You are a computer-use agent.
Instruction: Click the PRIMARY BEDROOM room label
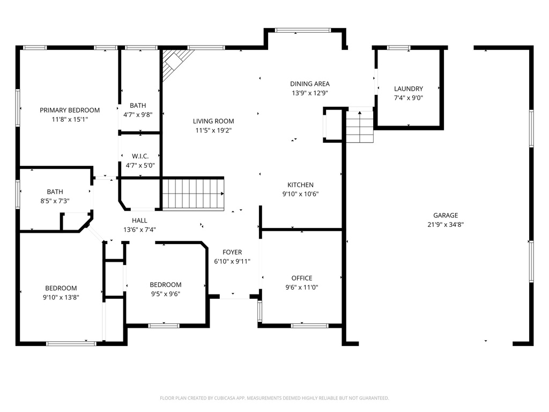70,110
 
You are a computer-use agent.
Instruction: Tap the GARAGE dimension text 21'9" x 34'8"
446,225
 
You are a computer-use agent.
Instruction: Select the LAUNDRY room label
409,89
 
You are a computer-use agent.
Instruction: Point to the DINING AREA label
310,84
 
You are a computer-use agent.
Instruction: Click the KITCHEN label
300,185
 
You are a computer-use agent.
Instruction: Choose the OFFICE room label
302,278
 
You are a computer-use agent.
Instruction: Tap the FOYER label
232,252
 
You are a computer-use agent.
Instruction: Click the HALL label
139,220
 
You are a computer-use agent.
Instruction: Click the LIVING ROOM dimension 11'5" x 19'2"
213,130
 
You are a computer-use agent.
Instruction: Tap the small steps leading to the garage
359,127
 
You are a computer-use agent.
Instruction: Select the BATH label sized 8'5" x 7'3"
55,192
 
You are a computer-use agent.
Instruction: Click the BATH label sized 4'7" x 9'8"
138,106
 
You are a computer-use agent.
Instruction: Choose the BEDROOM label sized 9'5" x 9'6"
165,284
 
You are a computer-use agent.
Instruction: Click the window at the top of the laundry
399,48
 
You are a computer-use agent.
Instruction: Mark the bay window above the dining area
303,30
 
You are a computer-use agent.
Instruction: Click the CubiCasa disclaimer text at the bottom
274,398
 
